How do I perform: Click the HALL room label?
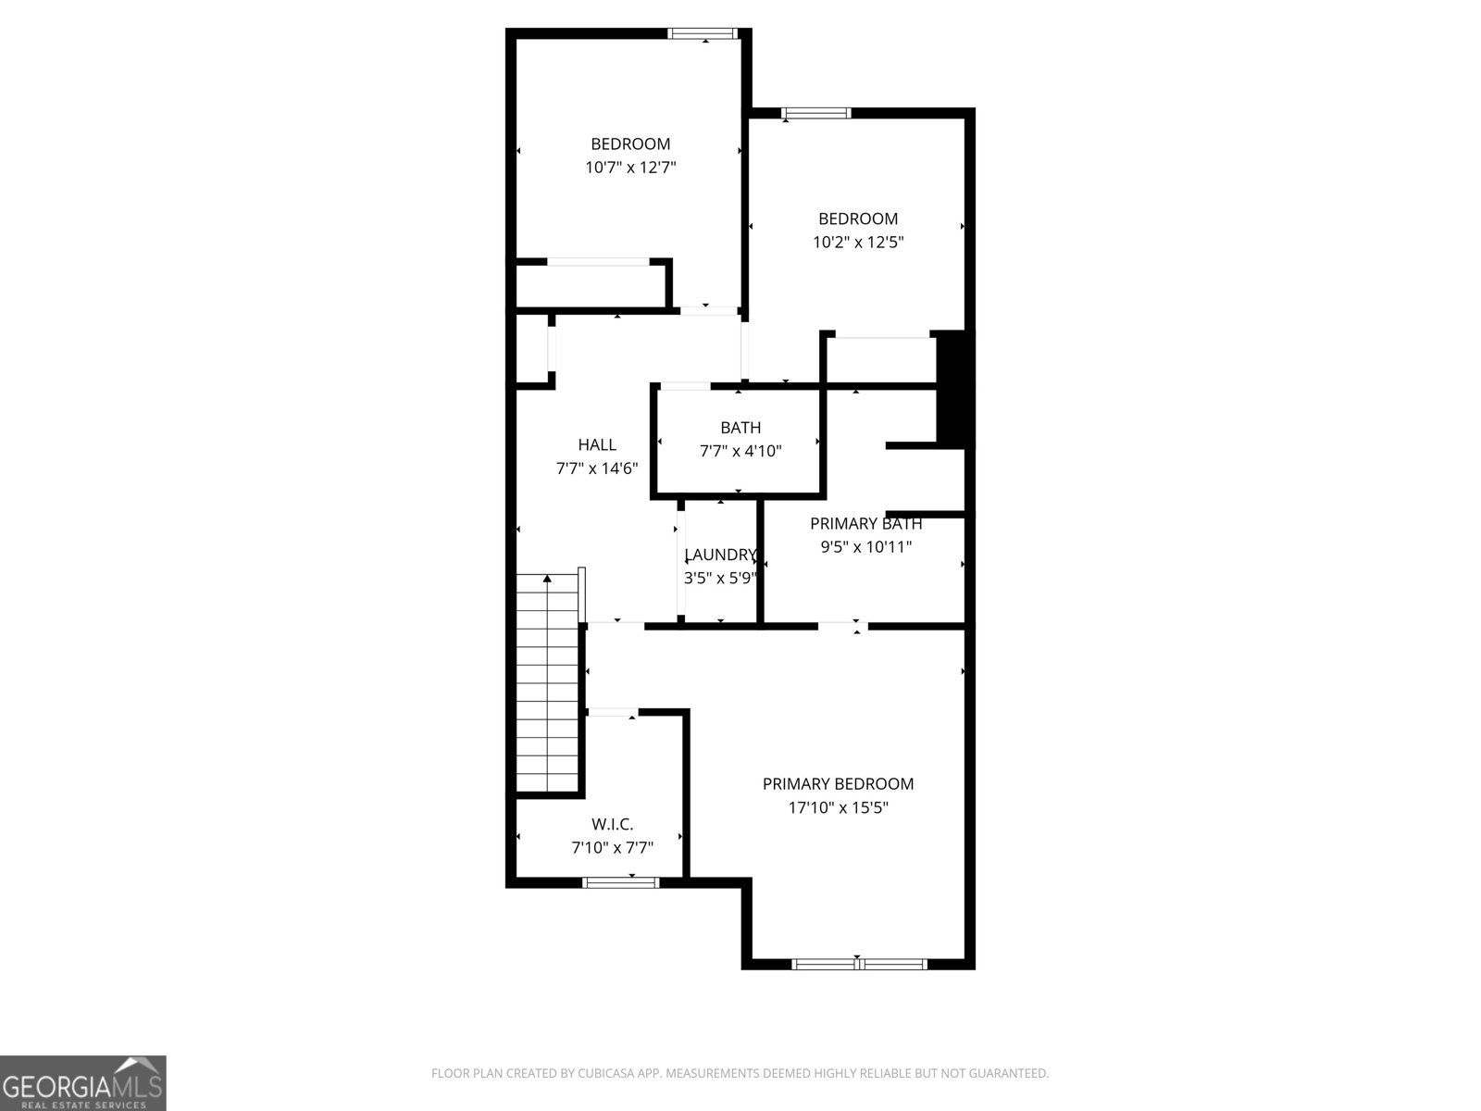[597, 445]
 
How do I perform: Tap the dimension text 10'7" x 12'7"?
[630, 168]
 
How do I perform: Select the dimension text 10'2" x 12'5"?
[858, 243]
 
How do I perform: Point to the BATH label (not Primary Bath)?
[740, 428]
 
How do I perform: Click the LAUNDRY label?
[720, 555]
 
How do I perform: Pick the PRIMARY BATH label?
[865, 524]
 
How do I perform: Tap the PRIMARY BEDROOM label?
[838, 784]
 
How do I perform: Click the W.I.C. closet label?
[613, 824]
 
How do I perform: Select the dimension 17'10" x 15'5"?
[838, 807]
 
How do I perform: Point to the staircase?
[548, 685]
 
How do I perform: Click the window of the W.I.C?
[621, 882]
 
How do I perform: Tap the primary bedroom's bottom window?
[859, 964]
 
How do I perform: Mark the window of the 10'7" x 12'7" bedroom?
[703, 34]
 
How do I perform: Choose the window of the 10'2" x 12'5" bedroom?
[815, 114]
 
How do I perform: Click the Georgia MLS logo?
[83, 1083]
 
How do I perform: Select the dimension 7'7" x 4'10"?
[740, 452]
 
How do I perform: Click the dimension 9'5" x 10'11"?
[866, 547]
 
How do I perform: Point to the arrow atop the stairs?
[547, 580]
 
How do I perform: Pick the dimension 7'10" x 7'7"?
[613, 847]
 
